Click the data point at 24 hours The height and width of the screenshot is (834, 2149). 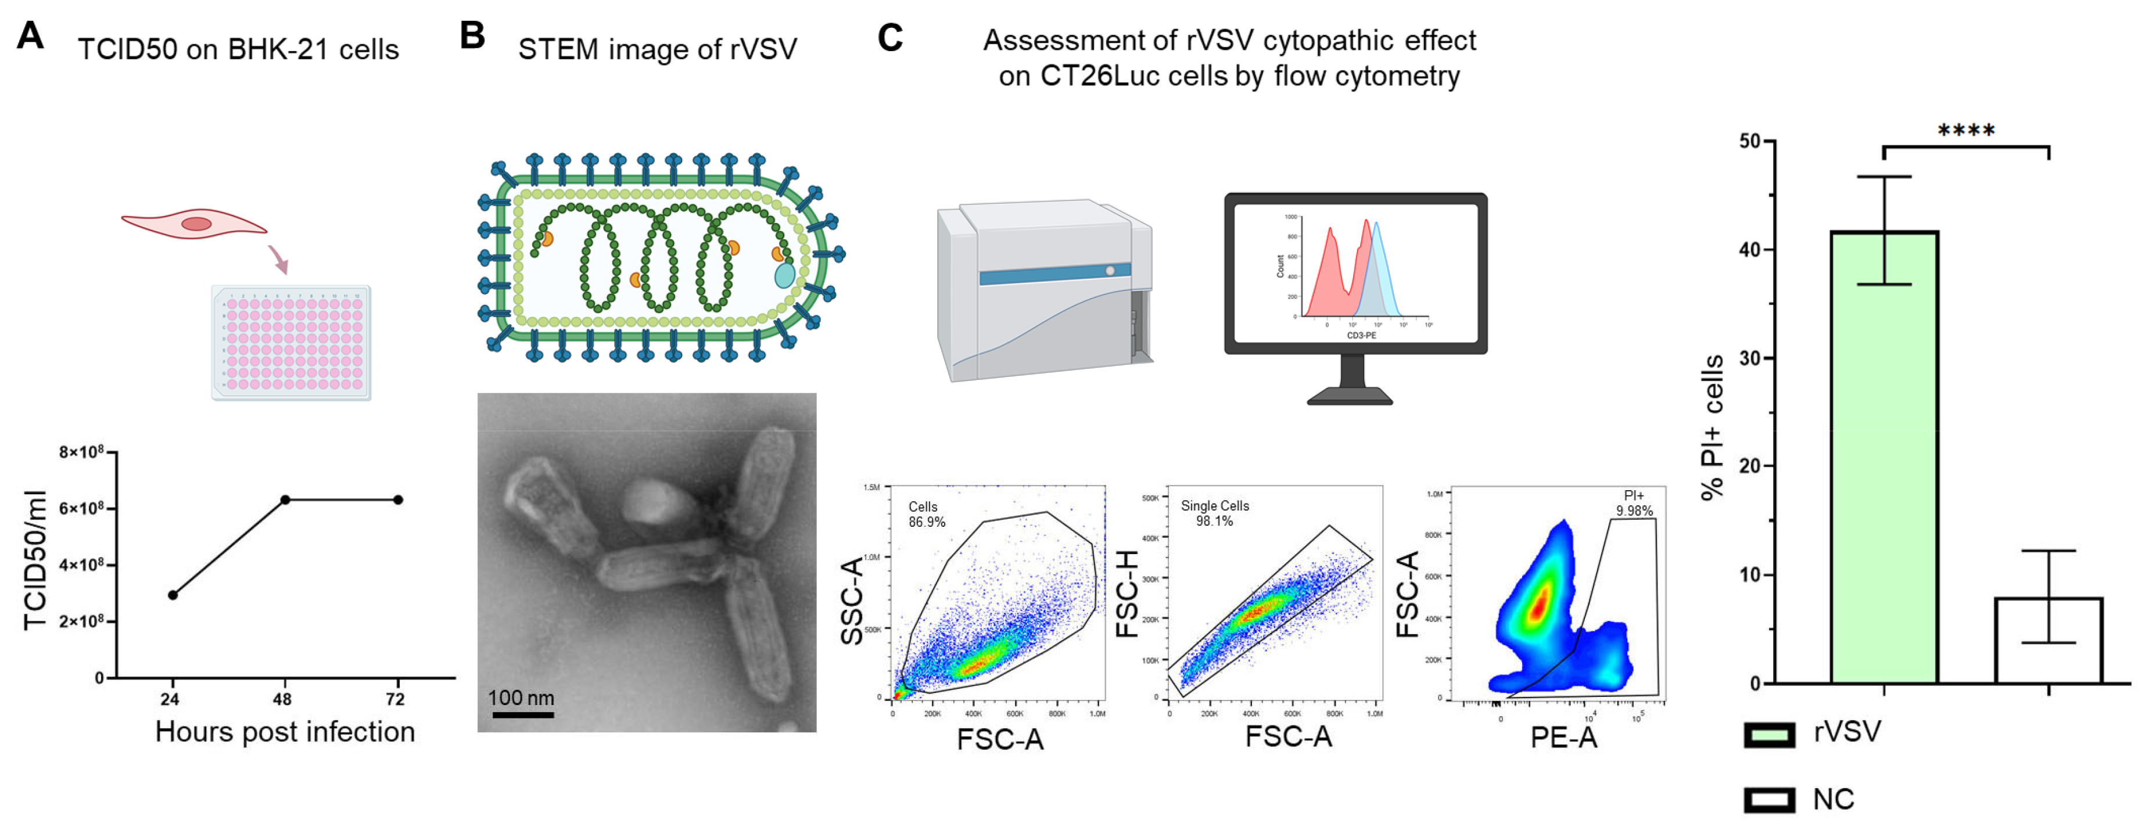click(x=173, y=595)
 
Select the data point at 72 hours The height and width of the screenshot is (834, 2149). click(x=398, y=499)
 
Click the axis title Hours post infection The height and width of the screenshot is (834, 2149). click(x=285, y=731)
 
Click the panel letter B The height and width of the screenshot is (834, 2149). click(x=472, y=36)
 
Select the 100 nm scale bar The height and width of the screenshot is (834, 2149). click(x=522, y=714)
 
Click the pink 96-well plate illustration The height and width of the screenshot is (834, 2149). click(x=291, y=343)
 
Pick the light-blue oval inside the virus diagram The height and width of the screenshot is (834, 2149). click(x=784, y=274)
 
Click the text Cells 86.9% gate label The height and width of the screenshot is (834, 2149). click(x=926, y=515)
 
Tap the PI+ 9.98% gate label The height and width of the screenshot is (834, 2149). click(x=1634, y=503)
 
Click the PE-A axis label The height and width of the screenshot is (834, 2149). click(x=1563, y=737)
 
